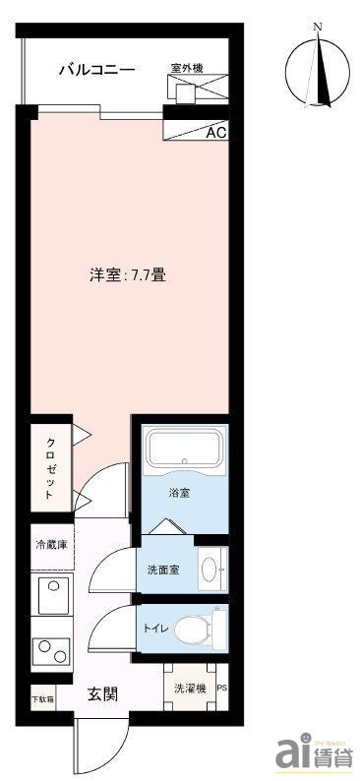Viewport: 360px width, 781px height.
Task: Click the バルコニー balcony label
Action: [x=95, y=69]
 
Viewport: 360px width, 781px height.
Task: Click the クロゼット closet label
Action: [x=50, y=469]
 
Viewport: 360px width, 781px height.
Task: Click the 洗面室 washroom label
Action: [x=162, y=569]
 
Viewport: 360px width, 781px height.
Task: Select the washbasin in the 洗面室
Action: [x=209, y=569]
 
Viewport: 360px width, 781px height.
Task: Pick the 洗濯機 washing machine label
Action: [x=190, y=689]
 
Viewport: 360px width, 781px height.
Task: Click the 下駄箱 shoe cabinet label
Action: [x=42, y=699]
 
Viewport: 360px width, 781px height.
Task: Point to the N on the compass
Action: [x=316, y=27]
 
